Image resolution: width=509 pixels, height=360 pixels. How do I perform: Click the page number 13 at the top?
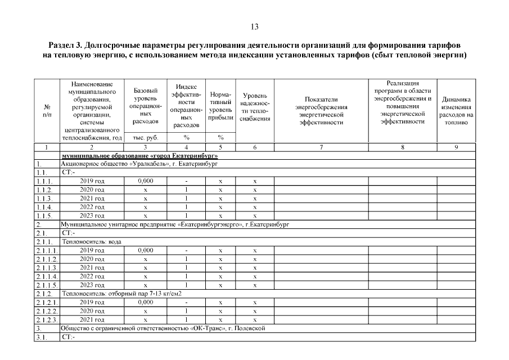254,26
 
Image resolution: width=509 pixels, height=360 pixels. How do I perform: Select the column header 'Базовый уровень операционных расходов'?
145,106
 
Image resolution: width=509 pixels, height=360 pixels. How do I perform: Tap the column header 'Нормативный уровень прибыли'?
220,106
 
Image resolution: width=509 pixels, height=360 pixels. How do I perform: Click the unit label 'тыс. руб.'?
145,138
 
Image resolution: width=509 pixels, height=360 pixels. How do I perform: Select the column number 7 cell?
321,147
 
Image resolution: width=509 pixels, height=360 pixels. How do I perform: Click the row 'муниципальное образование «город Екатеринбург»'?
139,155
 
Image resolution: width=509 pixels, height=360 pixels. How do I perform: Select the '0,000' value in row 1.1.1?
145,181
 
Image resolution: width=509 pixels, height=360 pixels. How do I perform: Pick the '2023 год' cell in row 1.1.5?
93,215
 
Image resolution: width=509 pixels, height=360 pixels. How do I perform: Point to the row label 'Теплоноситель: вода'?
92,241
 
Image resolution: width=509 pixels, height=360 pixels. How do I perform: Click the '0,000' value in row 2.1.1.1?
145,250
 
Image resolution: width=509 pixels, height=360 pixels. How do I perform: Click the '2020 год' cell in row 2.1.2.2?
93,310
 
